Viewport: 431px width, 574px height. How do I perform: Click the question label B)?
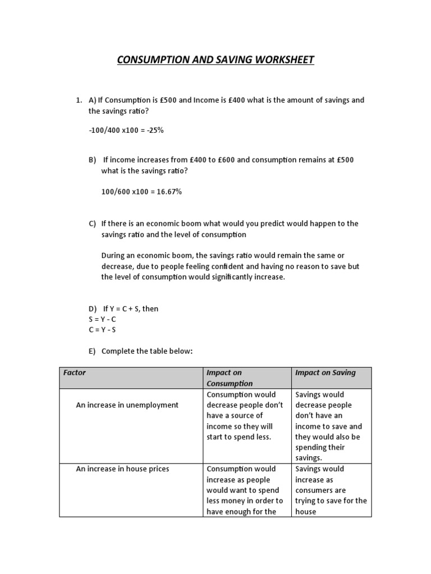[93, 160]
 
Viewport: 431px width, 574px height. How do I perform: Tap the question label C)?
[93, 223]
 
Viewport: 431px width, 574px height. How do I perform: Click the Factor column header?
[75, 373]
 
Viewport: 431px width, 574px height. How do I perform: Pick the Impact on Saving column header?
[325, 373]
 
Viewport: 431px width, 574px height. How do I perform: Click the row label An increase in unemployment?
[127, 405]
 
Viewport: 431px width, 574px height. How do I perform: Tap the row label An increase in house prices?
[123, 469]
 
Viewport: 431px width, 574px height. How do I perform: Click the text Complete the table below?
[146, 351]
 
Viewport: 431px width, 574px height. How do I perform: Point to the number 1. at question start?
[79, 100]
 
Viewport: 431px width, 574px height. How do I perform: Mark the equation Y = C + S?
[125, 309]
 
